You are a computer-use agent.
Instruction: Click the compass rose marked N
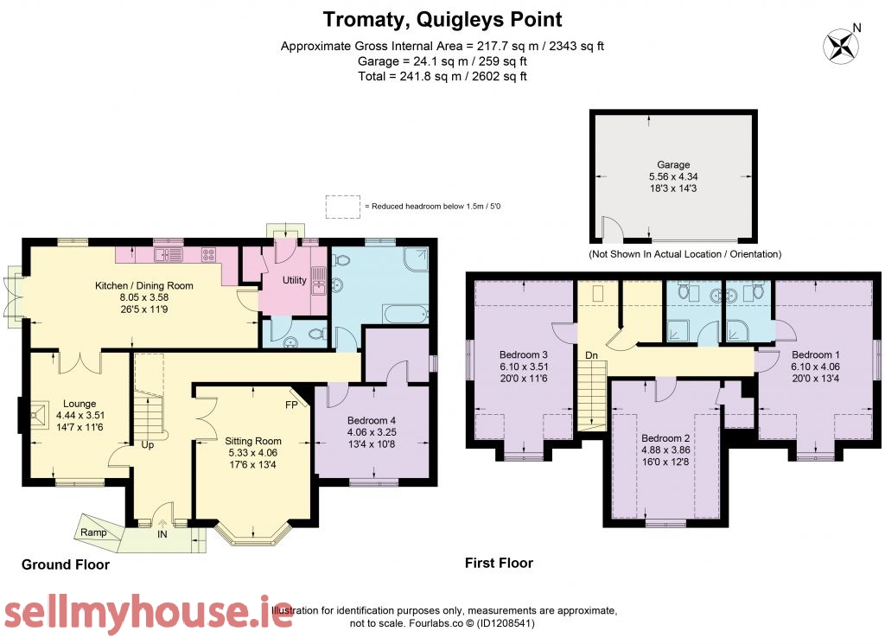coord(840,46)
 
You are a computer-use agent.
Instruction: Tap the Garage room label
coord(673,165)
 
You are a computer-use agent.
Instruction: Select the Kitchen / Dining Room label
coord(144,285)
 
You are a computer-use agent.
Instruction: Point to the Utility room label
coord(294,280)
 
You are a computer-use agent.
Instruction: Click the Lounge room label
coord(80,404)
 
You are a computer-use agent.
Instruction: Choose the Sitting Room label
coord(253,441)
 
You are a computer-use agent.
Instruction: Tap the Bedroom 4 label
coord(372,420)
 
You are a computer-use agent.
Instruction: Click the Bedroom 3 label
coord(523,354)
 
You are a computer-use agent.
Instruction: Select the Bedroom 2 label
coord(665,438)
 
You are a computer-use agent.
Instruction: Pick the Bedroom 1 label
coord(816,354)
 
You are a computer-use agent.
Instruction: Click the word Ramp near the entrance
coord(93,532)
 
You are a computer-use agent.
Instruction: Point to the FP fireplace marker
coord(291,405)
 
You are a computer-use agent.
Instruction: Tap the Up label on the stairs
coord(147,445)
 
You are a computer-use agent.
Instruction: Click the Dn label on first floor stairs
coord(591,355)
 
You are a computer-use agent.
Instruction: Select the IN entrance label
coord(162,534)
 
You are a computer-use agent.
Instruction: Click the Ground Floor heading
coord(66,564)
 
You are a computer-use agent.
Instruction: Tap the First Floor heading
coord(499,563)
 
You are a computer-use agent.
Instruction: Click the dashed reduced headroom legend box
coord(342,207)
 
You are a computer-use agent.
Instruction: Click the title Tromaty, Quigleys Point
coord(442,20)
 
